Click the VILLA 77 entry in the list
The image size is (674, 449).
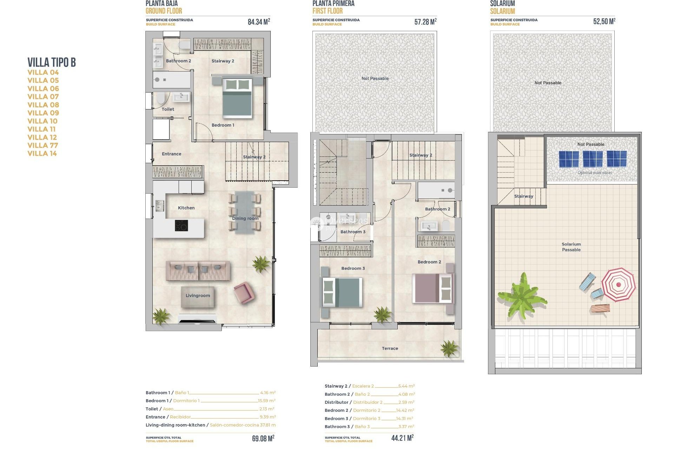pyautogui.click(x=43, y=146)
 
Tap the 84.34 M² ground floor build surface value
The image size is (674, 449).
pyautogui.click(x=259, y=22)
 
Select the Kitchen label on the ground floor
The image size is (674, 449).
pyautogui.click(x=186, y=208)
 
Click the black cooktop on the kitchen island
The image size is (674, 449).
pyautogui.click(x=181, y=226)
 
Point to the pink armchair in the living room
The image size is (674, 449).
pyautogui.click(x=243, y=292)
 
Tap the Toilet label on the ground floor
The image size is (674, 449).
pyautogui.click(x=168, y=109)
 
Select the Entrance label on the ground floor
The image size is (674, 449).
pyautogui.click(x=171, y=154)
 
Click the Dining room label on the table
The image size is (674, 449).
pyautogui.click(x=245, y=219)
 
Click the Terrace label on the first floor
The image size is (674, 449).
pyautogui.click(x=390, y=349)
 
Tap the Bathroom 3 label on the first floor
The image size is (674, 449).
pyautogui.click(x=353, y=232)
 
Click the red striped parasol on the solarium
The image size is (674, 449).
pyautogui.click(x=618, y=284)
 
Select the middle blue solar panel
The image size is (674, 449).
pyautogui.click(x=593, y=159)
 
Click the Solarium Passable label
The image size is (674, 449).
pyautogui.click(x=571, y=247)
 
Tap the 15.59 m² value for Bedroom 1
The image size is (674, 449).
pyautogui.click(x=266, y=401)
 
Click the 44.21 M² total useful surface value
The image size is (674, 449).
pyautogui.click(x=402, y=438)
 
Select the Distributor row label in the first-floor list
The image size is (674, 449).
pyautogui.click(x=336, y=402)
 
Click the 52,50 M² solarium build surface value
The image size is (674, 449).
pyautogui.click(x=604, y=21)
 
